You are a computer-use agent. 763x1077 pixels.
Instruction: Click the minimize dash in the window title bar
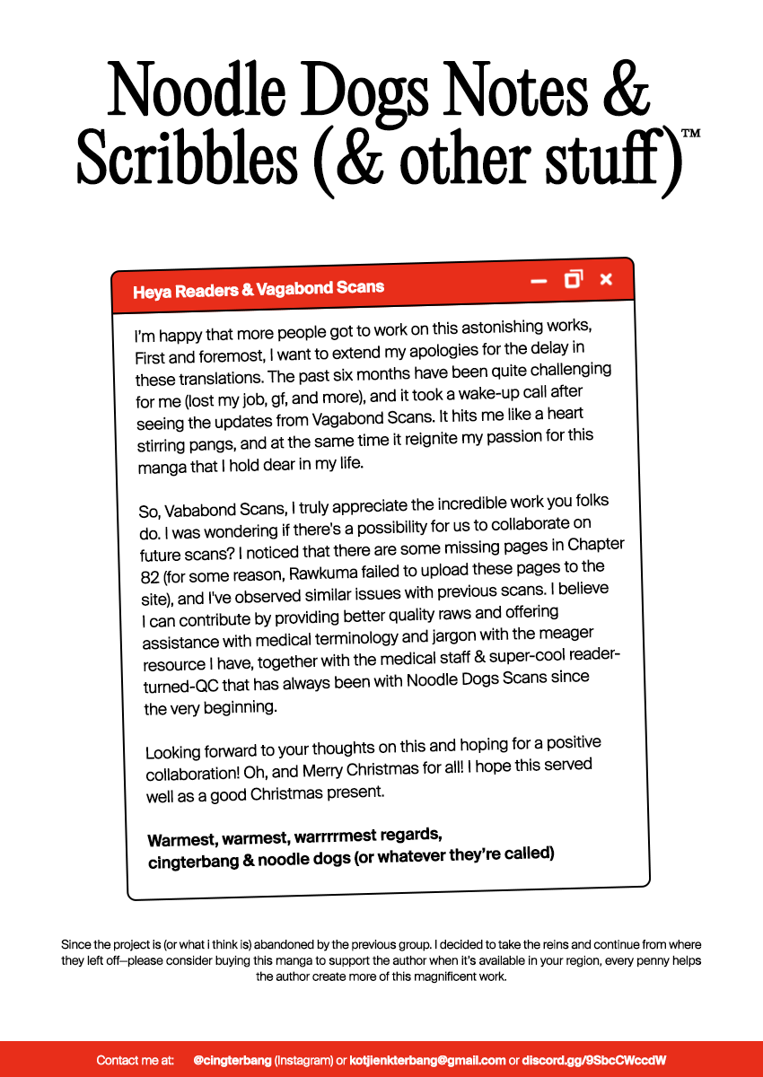tap(539, 281)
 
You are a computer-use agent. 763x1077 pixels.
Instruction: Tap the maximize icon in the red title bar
tap(573, 279)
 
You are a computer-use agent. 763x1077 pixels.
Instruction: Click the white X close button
tap(606, 279)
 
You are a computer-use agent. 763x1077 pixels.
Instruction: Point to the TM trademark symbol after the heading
tap(690, 134)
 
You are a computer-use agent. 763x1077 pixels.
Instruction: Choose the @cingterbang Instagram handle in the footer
tap(232, 1060)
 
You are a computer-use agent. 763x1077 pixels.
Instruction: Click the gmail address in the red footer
tap(427, 1060)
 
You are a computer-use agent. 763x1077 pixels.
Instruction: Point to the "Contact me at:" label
tap(135, 1060)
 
